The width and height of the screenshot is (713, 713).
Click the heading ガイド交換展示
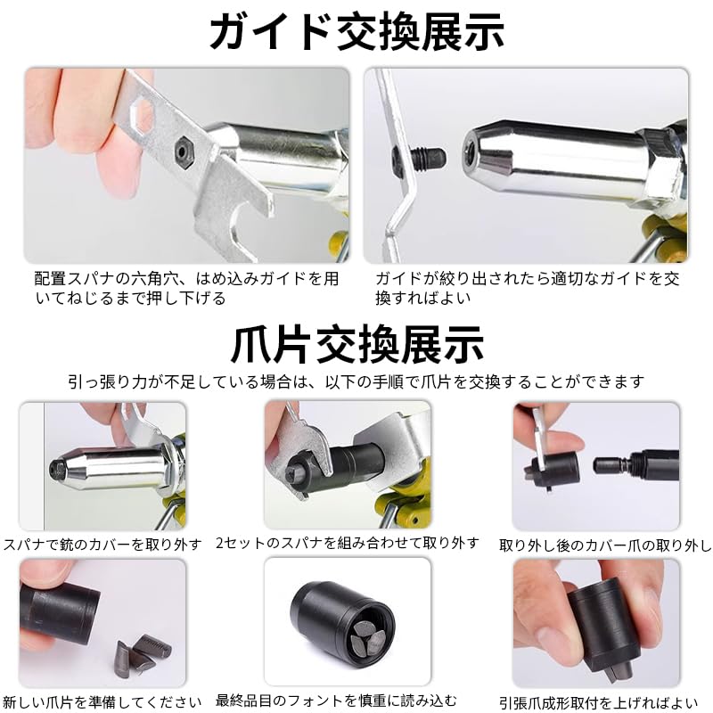coord(356,31)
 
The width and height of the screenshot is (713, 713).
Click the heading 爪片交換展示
coord(356,344)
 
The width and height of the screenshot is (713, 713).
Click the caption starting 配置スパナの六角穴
coord(186,288)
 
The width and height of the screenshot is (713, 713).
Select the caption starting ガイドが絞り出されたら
coord(527,288)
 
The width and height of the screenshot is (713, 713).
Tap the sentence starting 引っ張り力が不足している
coord(356,381)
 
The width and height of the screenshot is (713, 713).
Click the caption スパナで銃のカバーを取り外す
coord(107,543)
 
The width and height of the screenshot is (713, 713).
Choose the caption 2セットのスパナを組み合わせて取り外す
coord(348,543)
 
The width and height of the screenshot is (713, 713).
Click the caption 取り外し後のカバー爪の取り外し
coord(605,544)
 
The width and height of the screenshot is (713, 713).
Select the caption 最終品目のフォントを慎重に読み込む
coord(348,700)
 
